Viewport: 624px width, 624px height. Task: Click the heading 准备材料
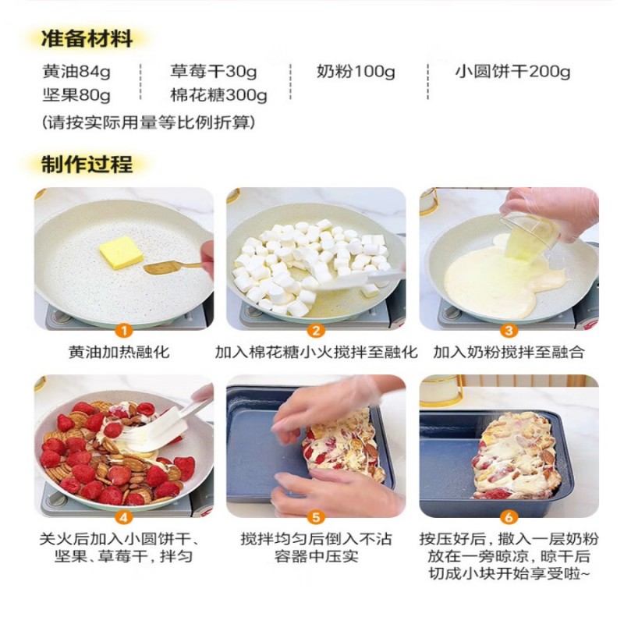point(87,39)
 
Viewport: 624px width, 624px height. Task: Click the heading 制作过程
point(87,165)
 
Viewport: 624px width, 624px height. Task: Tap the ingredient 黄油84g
point(76,72)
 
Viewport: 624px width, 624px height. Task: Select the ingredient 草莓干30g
point(213,72)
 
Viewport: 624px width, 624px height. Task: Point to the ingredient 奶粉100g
point(356,72)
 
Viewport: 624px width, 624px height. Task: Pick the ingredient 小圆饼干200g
point(512,72)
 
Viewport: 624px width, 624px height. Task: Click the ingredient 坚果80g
point(76,95)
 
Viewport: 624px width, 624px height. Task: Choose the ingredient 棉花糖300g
point(218,95)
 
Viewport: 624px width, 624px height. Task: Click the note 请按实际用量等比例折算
point(148,122)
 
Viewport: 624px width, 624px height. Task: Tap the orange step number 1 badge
point(124,330)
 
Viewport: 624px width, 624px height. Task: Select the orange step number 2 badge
point(316,330)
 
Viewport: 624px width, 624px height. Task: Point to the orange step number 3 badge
point(509,330)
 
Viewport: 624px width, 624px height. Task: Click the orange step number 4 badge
point(124,517)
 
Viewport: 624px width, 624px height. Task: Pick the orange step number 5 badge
point(316,517)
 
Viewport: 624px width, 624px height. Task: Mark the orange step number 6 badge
point(509,517)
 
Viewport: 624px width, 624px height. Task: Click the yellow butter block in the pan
point(121,253)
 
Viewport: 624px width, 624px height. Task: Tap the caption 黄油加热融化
point(119,353)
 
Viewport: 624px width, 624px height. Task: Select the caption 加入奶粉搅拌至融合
point(509,353)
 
